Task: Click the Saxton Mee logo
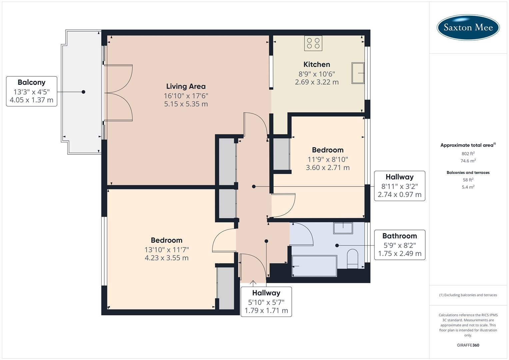click(x=468, y=27)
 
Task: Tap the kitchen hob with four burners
click(x=313, y=43)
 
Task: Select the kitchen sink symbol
click(x=358, y=73)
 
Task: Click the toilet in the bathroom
click(x=352, y=258)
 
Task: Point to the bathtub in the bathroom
click(x=314, y=266)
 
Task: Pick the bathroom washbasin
click(x=343, y=228)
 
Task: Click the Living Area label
click(x=186, y=86)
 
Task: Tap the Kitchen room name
click(x=317, y=64)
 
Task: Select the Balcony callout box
click(x=32, y=91)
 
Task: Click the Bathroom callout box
click(x=399, y=245)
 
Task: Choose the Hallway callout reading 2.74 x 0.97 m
click(x=399, y=186)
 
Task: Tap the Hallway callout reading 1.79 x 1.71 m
click(x=266, y=302)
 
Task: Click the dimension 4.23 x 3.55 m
click(x=166, y=258)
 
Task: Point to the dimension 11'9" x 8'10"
click(x=328, y=159)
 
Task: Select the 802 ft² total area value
click(x=468, y=154)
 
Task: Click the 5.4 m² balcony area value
click(x=468, y=187)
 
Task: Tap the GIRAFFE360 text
click(x=468, y=345)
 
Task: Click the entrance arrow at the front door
click(x=253, y=284)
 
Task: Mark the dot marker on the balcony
click(x=83, y=92)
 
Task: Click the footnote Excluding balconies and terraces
click(x=468, y=295)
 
